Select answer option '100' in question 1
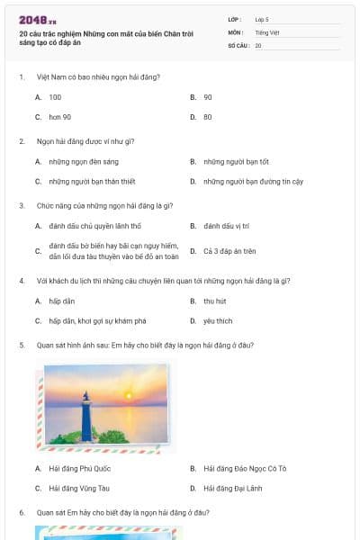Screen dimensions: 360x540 click(55, 96)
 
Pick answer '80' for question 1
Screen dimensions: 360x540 click(208, 117)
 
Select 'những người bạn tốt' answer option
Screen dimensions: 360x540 click(236, 162)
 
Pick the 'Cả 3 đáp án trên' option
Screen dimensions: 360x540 click(229, 251)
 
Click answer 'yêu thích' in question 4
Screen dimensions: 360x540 click(218, 320)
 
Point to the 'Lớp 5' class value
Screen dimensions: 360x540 click(262, 19)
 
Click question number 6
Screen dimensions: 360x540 click(21, 512)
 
